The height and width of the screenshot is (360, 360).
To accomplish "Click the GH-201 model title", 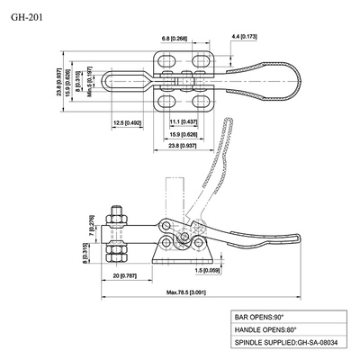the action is [27, 18].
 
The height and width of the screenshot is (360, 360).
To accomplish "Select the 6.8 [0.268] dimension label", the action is [174, 39].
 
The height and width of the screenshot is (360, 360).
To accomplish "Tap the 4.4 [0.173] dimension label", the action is [245, 37].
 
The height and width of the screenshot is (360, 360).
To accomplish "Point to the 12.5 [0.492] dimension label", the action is [128, 122].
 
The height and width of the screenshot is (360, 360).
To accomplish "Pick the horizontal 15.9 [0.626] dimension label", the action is [184, 134].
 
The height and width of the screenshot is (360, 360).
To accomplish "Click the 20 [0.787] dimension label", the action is [125, 276].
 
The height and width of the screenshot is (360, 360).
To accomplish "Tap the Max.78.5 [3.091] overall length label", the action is [186, 292].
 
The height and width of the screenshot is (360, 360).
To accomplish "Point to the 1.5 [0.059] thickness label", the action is [207, 270].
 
